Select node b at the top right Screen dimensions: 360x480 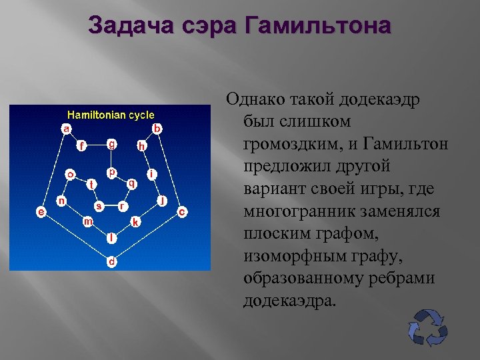[157, 127]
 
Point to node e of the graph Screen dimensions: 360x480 [41, 211]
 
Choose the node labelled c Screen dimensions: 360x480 [182, 211]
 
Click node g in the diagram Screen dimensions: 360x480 [113, 143]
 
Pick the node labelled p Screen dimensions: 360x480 [113, 172]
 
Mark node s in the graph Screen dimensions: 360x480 [99, 205]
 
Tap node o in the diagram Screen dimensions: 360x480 [69, 175]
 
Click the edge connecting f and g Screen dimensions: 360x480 [97, 144]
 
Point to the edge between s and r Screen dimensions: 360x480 [111, 206]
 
